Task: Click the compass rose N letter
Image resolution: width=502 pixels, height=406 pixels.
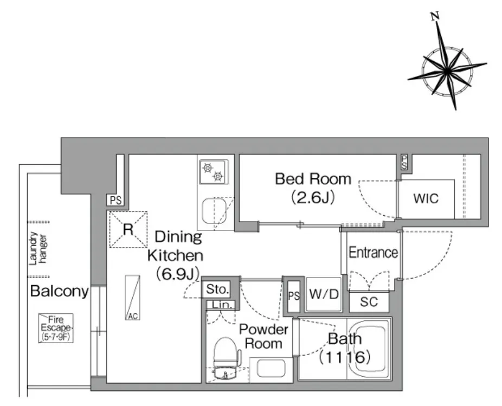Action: tap(435, 16)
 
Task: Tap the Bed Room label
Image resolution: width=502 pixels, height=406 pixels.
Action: tap(313, 179)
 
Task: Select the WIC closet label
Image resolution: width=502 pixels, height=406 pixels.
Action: tap(426, 198)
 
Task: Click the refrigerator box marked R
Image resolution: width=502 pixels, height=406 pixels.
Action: tap(128, 229)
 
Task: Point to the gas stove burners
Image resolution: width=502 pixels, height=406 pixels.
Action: tap(213, 172)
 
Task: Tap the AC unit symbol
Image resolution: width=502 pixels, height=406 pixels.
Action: tap(132, 298)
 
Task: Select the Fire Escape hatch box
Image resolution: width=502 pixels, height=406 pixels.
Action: tap(56, 328)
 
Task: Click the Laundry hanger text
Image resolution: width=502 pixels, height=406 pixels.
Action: tap(37, 249)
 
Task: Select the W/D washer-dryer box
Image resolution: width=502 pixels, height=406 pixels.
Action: tap(324, 294)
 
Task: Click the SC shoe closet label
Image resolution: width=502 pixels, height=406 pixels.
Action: tap(369, 301)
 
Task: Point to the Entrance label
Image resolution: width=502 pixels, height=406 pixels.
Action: tap(374, 253)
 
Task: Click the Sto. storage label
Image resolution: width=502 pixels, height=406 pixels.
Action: tap(217, 289)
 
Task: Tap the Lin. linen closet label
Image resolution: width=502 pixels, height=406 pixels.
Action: tap(222, 305)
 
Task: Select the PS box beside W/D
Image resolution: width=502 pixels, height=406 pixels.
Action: tap(294, 296)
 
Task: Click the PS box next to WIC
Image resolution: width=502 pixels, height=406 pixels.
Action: tap(404, 162)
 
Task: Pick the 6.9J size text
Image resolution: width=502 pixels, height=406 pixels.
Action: tap(177, 274)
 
